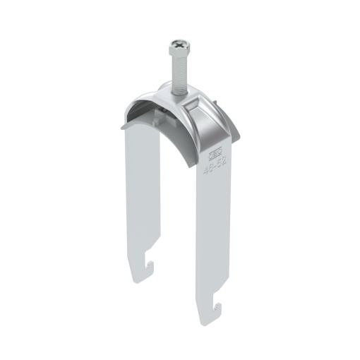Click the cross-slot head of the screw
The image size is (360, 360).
click(176, 47)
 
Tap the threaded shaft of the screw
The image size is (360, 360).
click(176, 71)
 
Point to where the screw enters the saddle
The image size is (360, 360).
click(176, 90)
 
